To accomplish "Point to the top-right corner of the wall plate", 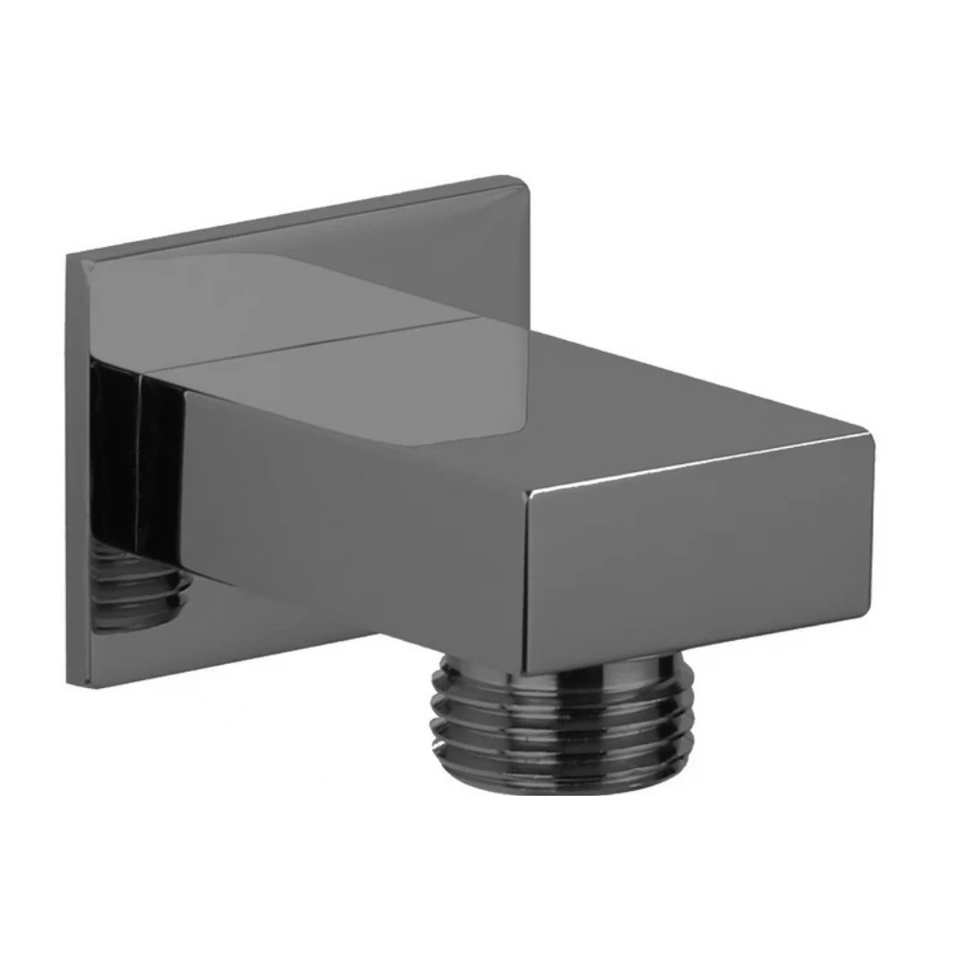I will click(x=532, y=180).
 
